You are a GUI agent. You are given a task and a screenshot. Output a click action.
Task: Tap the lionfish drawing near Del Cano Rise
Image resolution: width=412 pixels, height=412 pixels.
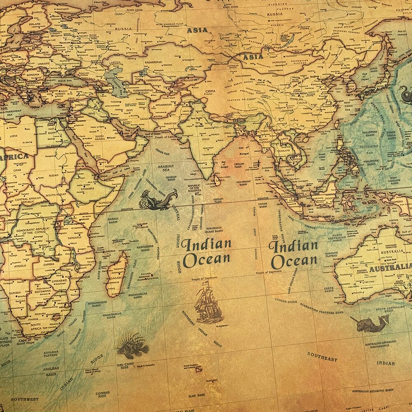[x=132, y=346]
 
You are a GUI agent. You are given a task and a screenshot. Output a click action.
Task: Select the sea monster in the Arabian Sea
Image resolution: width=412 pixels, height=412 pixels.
[x=158, y=200]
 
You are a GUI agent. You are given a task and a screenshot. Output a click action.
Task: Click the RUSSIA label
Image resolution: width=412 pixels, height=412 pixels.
[x=123, y=29]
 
